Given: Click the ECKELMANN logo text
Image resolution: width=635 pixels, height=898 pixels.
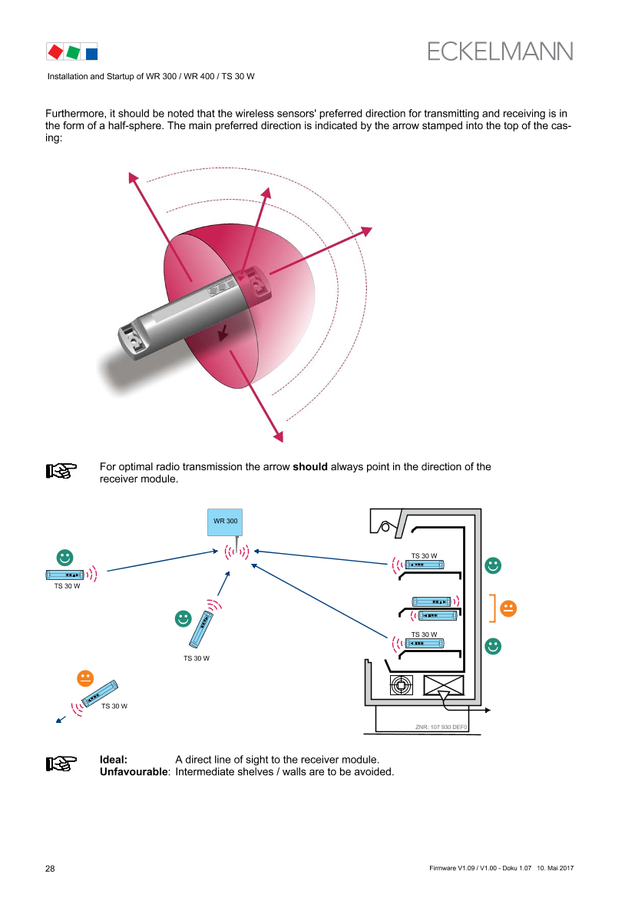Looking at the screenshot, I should (501, 51).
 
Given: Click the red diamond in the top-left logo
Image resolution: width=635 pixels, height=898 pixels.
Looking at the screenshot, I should (55, 51).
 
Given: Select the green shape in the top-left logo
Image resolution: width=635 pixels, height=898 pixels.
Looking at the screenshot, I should (74, 52).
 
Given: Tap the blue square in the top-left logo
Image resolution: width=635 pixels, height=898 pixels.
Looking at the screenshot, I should (91, 53).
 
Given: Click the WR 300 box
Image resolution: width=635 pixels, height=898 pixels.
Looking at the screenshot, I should (225, 522).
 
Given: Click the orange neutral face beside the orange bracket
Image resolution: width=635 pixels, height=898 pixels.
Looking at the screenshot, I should (508, 608).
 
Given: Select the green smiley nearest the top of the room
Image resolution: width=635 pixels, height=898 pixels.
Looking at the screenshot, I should (493, 565).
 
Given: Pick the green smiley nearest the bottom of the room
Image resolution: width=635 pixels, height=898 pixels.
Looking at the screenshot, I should (493, 646).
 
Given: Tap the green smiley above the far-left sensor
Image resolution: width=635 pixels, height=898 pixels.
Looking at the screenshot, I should (65, 557).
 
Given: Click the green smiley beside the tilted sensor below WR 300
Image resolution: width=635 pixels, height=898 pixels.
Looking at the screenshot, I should (183, 618).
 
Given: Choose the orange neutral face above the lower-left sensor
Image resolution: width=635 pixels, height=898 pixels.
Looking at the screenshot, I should (85, 678).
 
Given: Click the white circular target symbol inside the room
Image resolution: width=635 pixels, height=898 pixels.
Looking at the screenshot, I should (402, 684).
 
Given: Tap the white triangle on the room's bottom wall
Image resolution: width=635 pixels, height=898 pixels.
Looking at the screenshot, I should (443, 696).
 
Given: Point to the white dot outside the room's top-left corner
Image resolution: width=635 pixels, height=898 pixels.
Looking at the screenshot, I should (385, 528).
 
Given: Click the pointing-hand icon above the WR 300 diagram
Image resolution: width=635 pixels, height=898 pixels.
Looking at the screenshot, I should (61, 471).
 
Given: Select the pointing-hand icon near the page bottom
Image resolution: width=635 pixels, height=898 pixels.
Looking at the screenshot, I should (61, 764).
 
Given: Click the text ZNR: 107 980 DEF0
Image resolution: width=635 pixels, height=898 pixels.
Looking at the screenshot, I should (442, 726).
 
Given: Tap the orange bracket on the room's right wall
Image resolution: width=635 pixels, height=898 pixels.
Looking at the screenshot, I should (490, 608).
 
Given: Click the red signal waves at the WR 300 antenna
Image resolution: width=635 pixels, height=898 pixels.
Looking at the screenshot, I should (236, 552).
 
